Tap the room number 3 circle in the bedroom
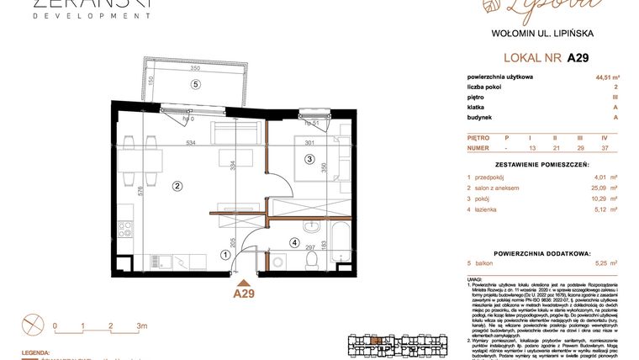pos(309,159)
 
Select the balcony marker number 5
pos(196,84)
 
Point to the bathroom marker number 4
pos(294,243)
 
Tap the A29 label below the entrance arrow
pos(244,294)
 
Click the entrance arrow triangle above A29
pos(244,282)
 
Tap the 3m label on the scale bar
pos(141,325)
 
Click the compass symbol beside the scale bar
pos(33,323)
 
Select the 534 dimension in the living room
pos(191,143)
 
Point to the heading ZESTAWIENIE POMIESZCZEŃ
pos(541,163)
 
